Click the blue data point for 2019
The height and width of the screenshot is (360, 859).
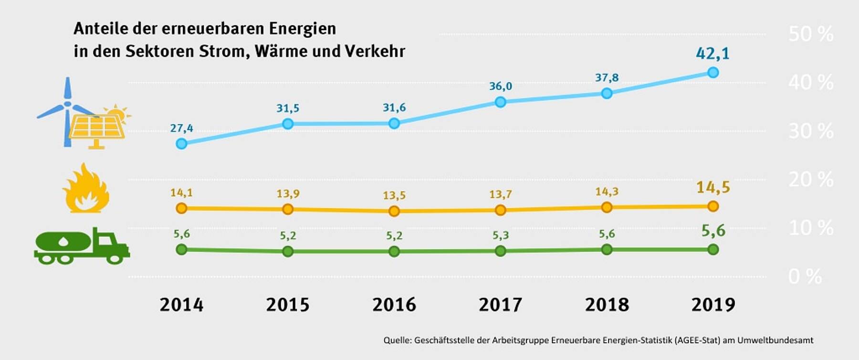[x=713, y=73]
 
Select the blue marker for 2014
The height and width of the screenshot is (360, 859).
[x=181, y=144]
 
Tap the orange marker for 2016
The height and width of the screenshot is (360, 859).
[x=394, y=211]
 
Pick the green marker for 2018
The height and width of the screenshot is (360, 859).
[x=607, y=249]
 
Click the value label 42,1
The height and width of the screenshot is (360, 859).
[x=712, y=53]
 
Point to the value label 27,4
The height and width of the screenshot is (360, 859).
[x=181, y=128]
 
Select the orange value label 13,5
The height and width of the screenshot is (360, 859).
[x=394, y=195]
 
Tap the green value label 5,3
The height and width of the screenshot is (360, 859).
[x=500, y=235]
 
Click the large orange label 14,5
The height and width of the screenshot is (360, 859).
[x=712, y=187]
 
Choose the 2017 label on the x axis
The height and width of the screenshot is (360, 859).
[x=500, y=305]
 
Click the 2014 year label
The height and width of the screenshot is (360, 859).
[x=181, y=305]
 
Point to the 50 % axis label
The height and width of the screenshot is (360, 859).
[x=810, y=34]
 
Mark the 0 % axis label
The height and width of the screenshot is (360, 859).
[x=805, y=276]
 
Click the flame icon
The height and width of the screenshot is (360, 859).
[x=86, y=189]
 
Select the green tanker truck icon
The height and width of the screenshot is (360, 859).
[x=82, y=246]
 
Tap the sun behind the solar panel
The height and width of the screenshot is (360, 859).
[x=117, y=113]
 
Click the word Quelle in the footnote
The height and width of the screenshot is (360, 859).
[x=397, y=340]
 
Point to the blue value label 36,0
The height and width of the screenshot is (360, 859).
[x=500, y=86]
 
